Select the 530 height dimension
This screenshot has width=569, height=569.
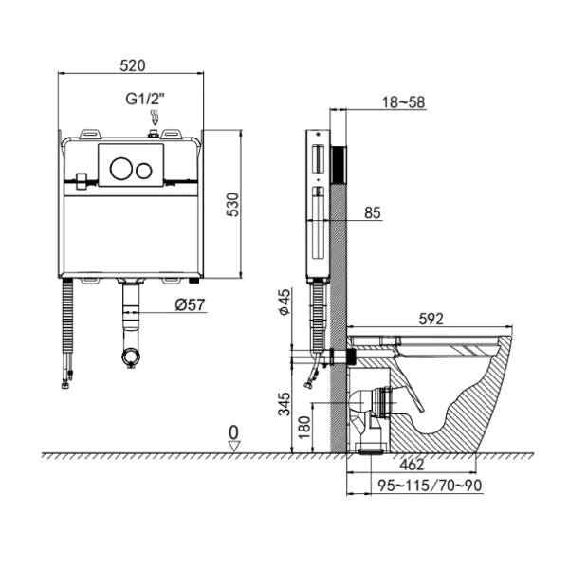246,204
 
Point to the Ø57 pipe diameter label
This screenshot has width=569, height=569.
192,304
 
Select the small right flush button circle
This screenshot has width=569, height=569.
145,171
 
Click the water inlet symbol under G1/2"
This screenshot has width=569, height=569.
154,119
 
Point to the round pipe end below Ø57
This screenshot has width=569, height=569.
132,358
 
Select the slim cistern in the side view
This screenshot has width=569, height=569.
318,204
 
